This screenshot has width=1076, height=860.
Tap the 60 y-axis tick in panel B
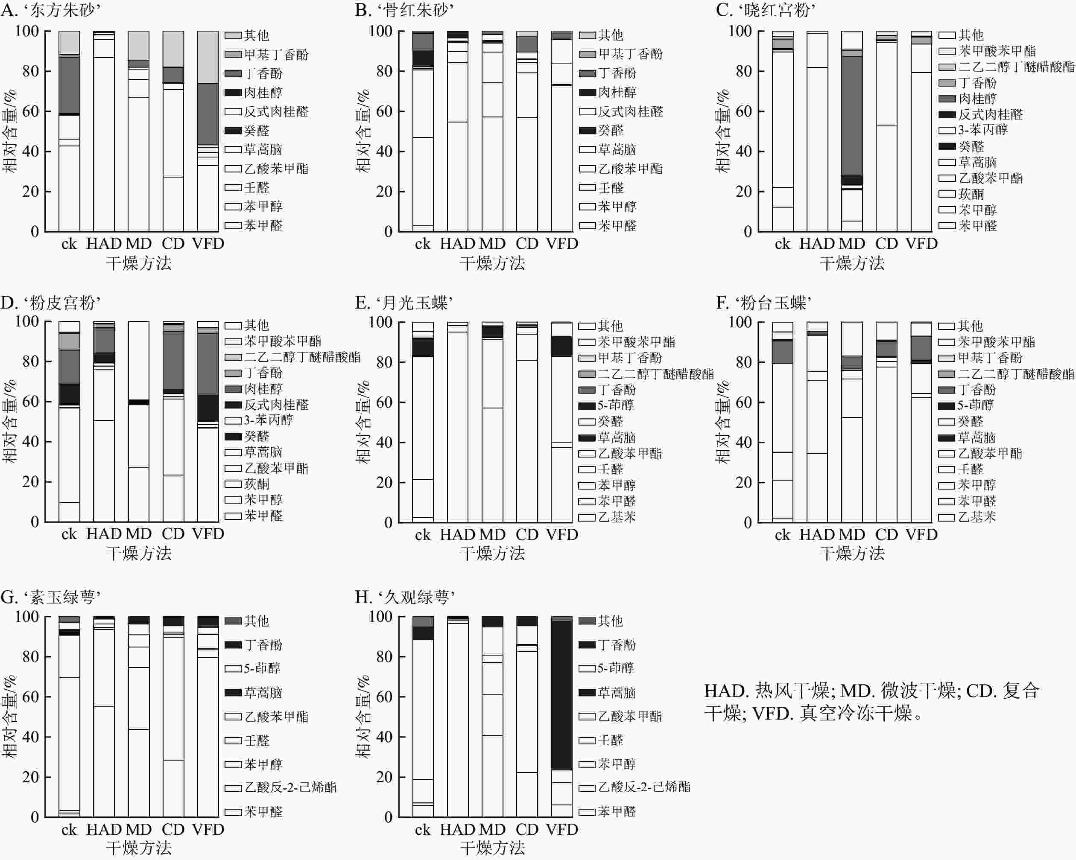click(x=384, y=111)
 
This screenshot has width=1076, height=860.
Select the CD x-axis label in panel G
click(x=173, y=830)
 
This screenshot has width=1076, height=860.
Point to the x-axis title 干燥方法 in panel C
click(x=851, y=263)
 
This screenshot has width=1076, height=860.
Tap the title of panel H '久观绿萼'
click(x=405, y=597)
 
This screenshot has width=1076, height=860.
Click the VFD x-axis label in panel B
click(x=562, y=243)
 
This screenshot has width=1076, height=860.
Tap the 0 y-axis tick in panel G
click(x=35, y=817)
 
